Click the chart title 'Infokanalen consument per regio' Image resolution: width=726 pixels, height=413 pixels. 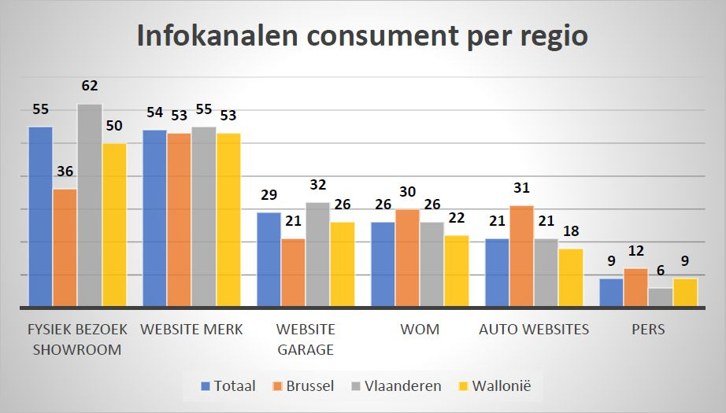tap(362, 36)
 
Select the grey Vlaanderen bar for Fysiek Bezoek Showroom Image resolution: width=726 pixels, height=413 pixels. tap(89, 205)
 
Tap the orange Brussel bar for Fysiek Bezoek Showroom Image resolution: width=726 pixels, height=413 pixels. tap(65, 247)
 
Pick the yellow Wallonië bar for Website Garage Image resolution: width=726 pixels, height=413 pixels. tap(342, 264)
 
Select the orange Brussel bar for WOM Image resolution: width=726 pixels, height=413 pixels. tap(407, 257)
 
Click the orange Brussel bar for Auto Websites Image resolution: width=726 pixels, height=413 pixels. tap(521, 256)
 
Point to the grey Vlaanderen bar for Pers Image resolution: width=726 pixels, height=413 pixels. tap(660, 297)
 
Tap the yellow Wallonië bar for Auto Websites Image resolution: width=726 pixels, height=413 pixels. tap(570, 277)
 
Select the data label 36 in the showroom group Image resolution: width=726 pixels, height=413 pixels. tap(65, 171)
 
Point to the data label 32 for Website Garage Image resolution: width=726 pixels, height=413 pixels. tap(317, 186)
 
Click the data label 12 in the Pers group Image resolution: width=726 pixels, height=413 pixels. tap(635, 252)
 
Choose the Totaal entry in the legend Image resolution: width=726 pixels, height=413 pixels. tap(228, 385)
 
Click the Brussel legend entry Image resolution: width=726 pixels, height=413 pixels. tap(304, 385)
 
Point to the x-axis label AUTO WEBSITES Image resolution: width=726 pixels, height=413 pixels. tap(534, 330)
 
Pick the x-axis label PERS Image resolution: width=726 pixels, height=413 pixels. tap(648, 330)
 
